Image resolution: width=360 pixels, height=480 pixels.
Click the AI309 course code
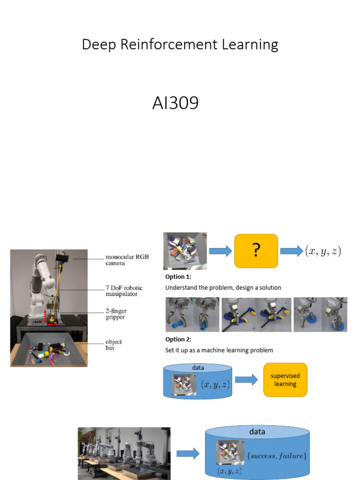(175, 103)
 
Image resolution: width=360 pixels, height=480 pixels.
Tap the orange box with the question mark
(256, 251)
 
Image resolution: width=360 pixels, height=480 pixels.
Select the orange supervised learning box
(285, 380)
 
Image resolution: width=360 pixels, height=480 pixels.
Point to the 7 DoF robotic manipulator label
(124, 291)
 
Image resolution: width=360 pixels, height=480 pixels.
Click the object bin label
(114, 345)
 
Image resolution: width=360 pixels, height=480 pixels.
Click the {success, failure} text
(277, 455)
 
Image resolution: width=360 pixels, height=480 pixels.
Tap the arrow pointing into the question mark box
(220, 252)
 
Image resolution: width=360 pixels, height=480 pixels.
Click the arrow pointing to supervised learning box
(247, 380)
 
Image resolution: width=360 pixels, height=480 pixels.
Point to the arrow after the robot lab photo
(188, 453)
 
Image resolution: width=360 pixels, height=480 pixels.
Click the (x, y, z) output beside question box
(323, 251)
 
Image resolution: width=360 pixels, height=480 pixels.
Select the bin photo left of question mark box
(185, 251)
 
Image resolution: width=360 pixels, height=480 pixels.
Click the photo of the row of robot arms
(124, 453)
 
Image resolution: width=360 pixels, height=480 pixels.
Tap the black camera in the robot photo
(62, 257)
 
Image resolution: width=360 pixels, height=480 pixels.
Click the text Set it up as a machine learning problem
(219, 350)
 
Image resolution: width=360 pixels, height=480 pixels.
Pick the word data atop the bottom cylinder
(257, 432)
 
